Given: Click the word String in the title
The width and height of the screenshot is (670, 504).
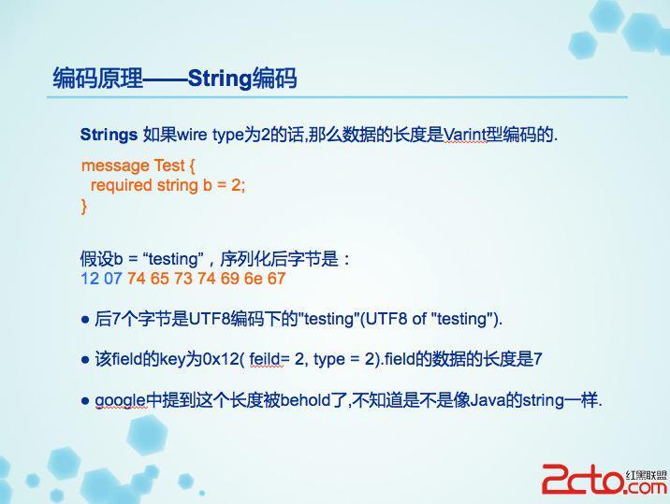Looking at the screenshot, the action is coord(220,79).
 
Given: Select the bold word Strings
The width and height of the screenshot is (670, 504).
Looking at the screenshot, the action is coord(109,135).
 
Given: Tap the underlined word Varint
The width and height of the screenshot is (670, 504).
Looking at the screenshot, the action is coord(465,135).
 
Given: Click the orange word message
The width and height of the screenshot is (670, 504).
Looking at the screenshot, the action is coord(115,166).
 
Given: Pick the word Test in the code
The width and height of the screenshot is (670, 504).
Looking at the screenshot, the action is coord(169,165).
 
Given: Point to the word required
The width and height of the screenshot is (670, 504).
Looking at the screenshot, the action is coord(122,185).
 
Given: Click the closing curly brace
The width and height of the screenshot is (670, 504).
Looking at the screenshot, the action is coord(84,206).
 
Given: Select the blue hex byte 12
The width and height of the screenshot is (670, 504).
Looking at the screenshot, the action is coord(90,279).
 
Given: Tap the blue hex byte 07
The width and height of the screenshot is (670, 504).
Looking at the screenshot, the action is coord(113,279).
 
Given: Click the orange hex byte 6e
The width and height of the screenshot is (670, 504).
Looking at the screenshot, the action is coord(253,279).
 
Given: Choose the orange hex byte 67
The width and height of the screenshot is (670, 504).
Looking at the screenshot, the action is coord(276,279).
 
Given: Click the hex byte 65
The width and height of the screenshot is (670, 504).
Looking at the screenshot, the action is coord(159,279).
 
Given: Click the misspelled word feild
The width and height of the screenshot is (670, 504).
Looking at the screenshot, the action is coord(265,359).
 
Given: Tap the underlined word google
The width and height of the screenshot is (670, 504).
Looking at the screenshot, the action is coord(120,400).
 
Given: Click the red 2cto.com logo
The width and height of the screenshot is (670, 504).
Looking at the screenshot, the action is coord(604,479).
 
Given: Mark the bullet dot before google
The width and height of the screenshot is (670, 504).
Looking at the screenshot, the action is coord(85,400).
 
